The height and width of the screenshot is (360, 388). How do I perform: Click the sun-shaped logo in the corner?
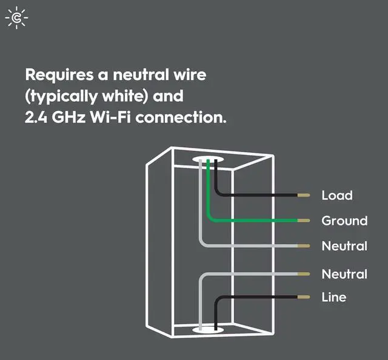16,19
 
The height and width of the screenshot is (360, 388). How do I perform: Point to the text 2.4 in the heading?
35,116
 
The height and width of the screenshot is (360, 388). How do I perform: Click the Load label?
336,195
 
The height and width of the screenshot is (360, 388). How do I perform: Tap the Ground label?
344,221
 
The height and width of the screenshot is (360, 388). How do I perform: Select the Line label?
334,297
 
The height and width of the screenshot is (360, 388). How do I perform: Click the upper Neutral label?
344,246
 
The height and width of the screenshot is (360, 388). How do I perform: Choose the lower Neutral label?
344,274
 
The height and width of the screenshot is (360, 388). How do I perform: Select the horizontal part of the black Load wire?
261,196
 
